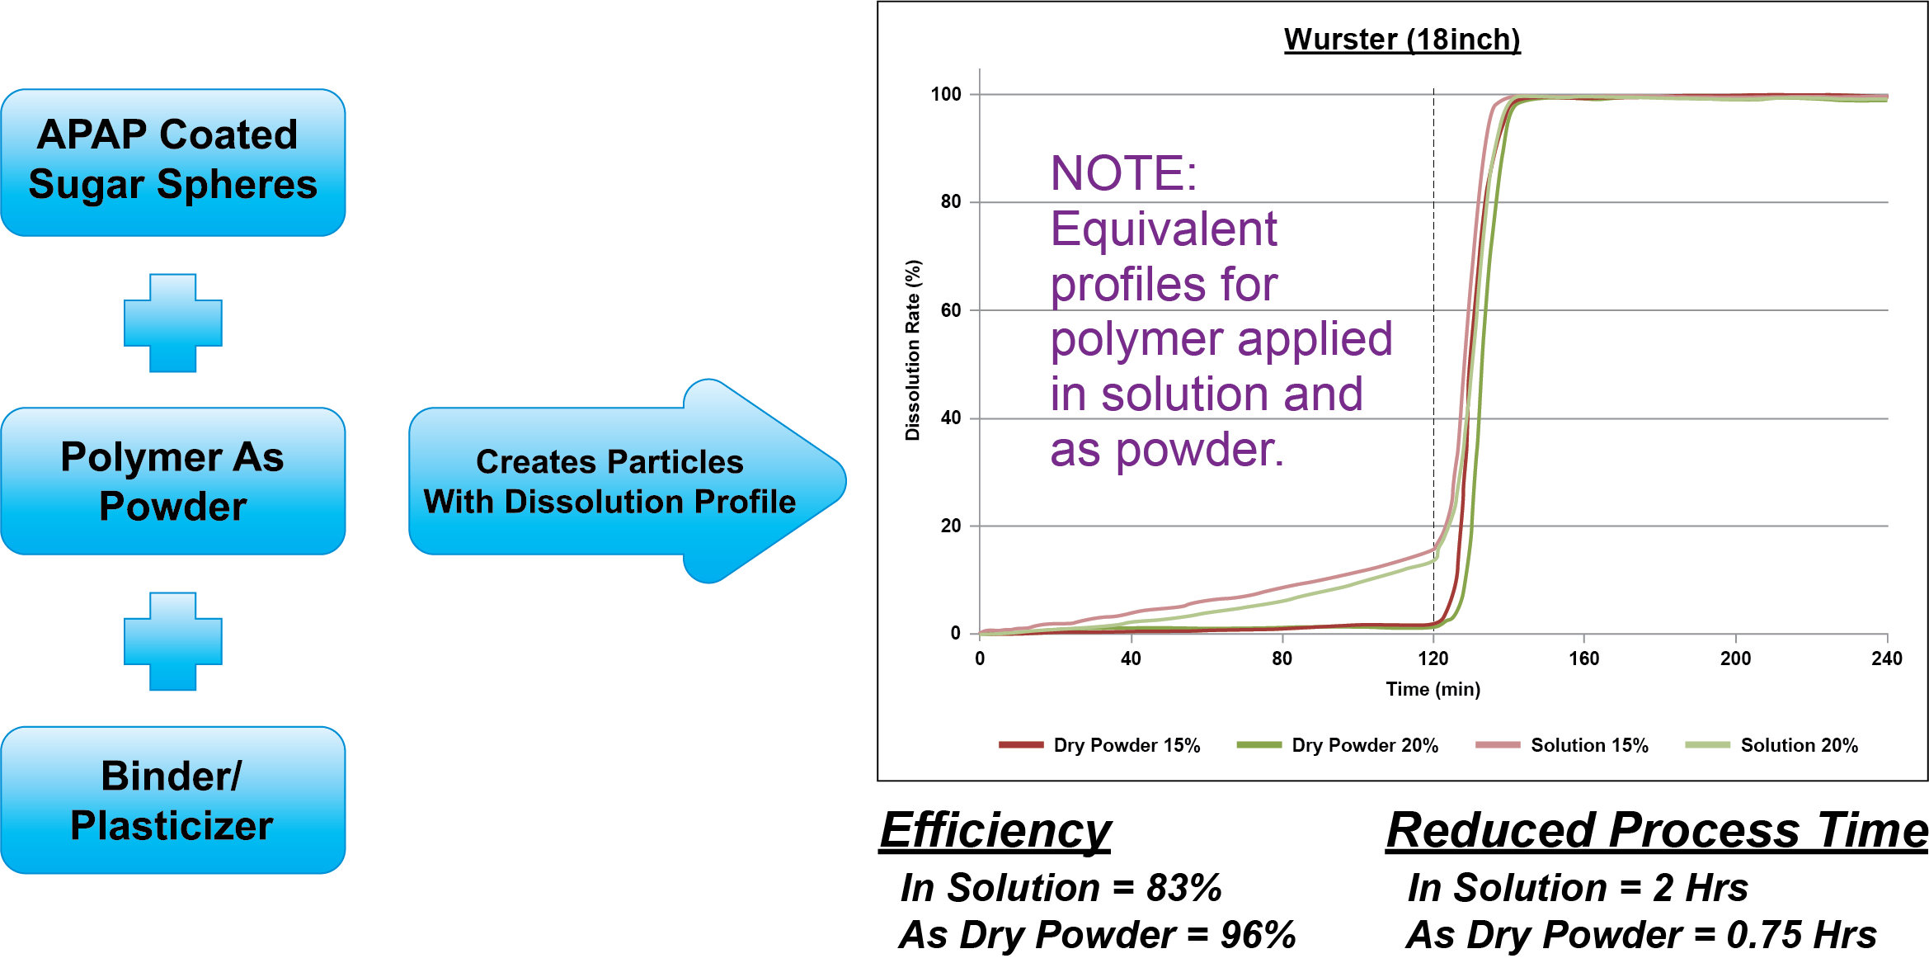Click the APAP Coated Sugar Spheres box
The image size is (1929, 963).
click(173, 163)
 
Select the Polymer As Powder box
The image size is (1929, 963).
click(173, 481)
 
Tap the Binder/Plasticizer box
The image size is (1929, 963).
click(173, 800)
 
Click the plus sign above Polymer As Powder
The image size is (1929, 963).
click(173, 323)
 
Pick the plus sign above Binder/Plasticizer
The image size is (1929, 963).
click(173, 641)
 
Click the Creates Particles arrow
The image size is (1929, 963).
click(627, 481)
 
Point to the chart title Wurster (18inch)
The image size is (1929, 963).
click(1402, 40)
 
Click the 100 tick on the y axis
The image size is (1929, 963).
click(946, 94)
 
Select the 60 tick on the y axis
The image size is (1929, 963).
click(951, 310)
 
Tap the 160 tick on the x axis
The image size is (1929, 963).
click(1584, 659)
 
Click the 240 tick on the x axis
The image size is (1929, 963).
click(1887, 659)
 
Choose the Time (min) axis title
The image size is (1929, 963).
click(1433, 689)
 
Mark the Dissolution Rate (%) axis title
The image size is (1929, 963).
click(913, 351)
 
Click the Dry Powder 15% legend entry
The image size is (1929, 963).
click(1099, 745)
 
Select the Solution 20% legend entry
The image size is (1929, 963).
click(1771, 745)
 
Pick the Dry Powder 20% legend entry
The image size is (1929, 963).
click(1338, 745)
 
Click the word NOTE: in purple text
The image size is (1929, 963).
click(1123, 173)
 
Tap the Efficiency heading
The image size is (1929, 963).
click(996, 830)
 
